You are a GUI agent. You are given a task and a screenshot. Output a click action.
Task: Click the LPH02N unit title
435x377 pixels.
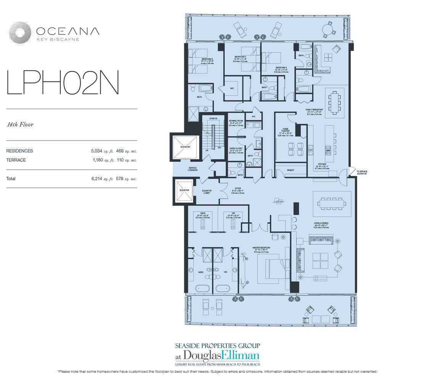pyautogui.click(x=63, y=83)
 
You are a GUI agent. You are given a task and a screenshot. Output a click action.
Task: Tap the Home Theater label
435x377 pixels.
pyautogui.click(x=286, y=131)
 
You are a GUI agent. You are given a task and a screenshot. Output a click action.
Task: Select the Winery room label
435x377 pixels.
pyautogui.click(x=290, y=170)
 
